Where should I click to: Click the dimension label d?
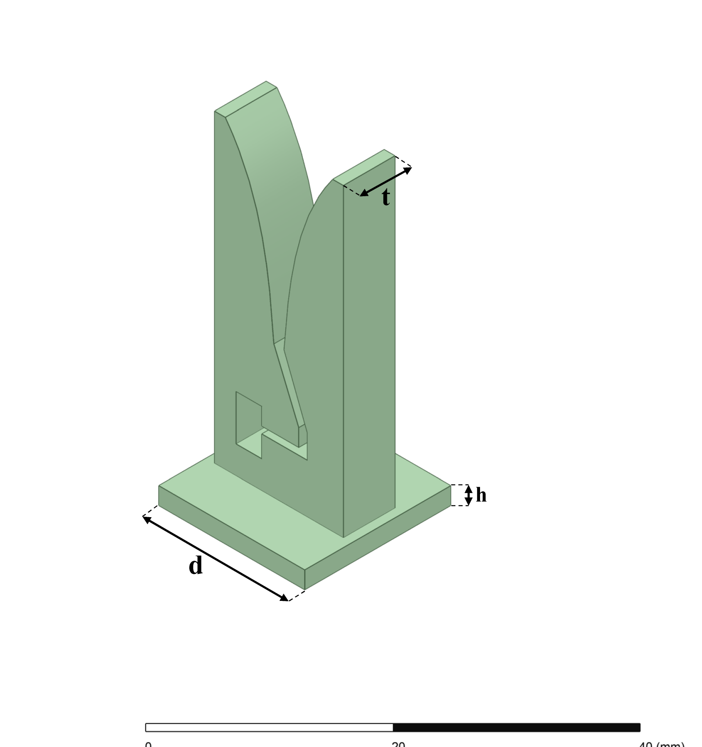pyautogui.click(x=196, y=566)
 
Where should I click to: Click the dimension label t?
pyautogui.click(x=386, y=197)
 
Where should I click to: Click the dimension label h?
pyautogui.click(x=481, y=495)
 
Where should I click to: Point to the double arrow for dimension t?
pyautogui.click(x=386, y=182)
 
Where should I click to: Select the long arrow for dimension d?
pyautogui.click(x=215, y=559)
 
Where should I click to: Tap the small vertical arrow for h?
pyautogui.click(x=469, y=495)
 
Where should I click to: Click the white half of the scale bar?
pyautogui.click(x=269, y=727)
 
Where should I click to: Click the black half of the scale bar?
pyautogui.click(x=516, y=727)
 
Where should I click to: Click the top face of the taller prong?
pyautogui.click(x=245, y=99)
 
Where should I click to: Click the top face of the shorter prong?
pyautogui.click(x=364, y=167)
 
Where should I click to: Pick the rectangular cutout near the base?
pyautogui.click(x=249, y=425)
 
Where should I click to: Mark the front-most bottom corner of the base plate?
pyautogui.click(x=305, y=589)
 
